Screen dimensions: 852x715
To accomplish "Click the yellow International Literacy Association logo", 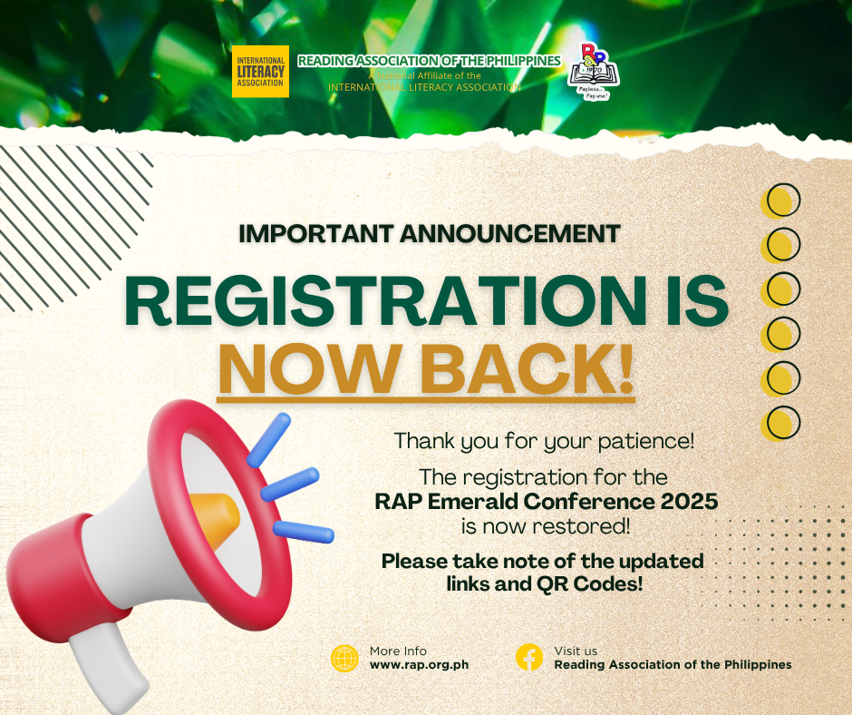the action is (x=260, y=72).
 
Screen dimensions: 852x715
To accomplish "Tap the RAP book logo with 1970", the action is (x=593, y=72).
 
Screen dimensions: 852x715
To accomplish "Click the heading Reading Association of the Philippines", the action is (x=430, y=61).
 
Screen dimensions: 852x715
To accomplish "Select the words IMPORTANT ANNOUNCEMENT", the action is (x=430, y=234).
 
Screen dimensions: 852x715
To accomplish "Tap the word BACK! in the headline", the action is (x=528, y=368).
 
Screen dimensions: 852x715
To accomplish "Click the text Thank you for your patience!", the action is (x=544, y=441).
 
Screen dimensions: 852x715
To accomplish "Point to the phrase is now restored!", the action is (x=546, y=526).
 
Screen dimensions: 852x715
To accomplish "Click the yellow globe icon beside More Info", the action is (x=344, y=659).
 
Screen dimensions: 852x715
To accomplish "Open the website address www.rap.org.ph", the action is (x=419, y=665).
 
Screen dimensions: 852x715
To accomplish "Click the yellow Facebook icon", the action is (x=529, y=657).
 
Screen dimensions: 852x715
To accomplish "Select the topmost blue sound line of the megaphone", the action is (x=268, y=440).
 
